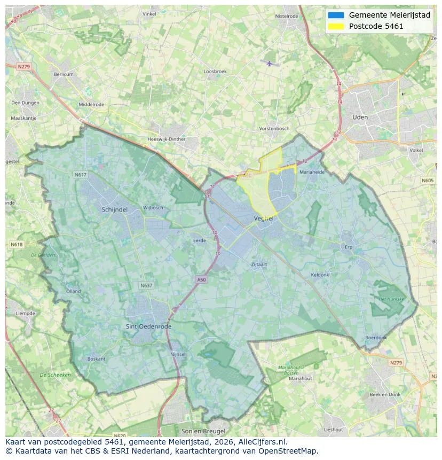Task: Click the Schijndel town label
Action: point(114,210)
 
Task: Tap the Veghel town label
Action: point(264,219)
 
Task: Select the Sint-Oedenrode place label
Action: point(145,326)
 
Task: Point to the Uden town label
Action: point(360,117)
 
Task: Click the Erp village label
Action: point(349,247)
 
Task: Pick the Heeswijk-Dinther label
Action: point(166,139)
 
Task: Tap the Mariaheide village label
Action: point(312,172)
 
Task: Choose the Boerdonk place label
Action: point(376,338)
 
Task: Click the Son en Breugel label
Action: point(203,431)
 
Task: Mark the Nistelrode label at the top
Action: point(287,16)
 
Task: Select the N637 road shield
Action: point(146,286)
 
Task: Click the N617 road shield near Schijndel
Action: point(81,175)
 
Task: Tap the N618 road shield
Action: point(17,244)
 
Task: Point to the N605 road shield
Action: point(428,181)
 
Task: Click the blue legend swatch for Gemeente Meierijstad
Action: point(336,15)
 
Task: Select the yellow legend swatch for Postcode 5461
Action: point(336,26)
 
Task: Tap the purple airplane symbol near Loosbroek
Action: point(270,64)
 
